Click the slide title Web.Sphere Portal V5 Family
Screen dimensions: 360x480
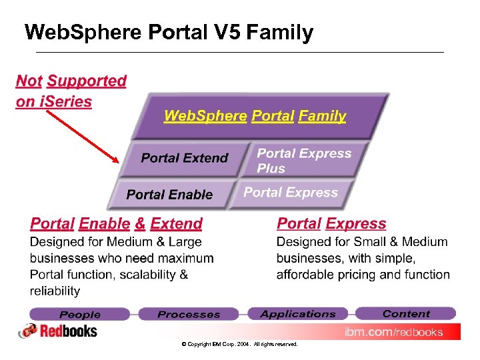pos(168,33)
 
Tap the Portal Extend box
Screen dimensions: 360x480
pos(184,158)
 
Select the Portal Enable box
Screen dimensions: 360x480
pos(169,195)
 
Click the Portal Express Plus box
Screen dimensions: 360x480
pos(304,161)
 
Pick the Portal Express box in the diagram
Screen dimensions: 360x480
pos(291,193)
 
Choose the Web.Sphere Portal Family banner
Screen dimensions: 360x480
pos(255,116)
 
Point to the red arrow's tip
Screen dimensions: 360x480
pos(118,161)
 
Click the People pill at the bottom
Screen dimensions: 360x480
pos(80,314)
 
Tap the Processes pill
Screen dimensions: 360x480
pos(189,314)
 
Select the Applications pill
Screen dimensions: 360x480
pos(298,313)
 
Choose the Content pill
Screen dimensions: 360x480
pos(406,313)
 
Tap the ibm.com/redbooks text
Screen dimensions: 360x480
pos(393,332)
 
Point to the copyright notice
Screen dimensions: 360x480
pos(239,345)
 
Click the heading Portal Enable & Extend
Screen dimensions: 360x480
pos(117,224)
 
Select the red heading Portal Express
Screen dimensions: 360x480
pos(331,224)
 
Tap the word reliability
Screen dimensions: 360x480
pos(55,291)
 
